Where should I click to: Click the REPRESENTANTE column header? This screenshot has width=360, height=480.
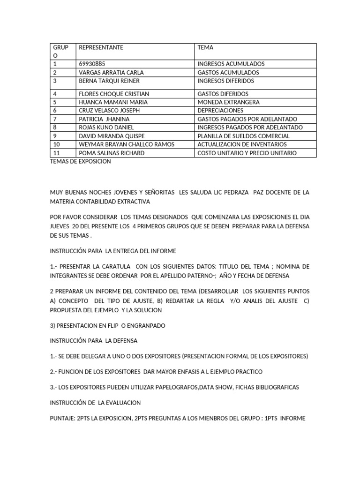pos(101,47)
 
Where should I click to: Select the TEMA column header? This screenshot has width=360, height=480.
pos(205,47)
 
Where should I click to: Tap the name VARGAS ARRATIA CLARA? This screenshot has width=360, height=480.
pos(111,73)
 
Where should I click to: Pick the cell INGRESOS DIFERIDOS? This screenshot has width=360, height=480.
pos(225,81)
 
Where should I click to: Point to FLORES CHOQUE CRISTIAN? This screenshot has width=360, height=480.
pos(114,94)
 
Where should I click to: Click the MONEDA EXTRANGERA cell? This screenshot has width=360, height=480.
pos(228,102)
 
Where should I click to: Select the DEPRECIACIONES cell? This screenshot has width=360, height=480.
pos(220,111)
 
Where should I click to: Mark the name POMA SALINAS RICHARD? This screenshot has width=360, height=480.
pos(112,153)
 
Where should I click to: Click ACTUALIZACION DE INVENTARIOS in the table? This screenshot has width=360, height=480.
pos(242,144)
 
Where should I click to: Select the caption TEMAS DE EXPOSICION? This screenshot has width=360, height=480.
pos(80,161)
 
